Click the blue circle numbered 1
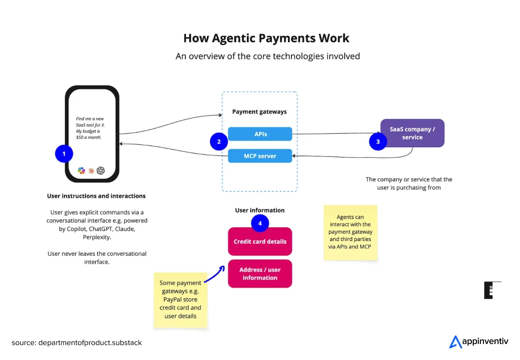[64, 154]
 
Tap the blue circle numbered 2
[219, 141]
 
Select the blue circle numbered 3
[378, 141]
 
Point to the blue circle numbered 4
[260, 223]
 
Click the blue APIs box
[260, 134]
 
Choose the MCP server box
[260, 156]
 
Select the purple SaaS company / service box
[412, 133]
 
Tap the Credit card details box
[260, 242]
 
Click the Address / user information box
[260, 274]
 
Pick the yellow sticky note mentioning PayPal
[181, 299]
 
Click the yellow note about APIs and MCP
[350, 232]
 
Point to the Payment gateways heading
[260, 112]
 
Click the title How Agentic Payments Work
[266, 39]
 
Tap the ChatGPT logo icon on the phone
[101, 170]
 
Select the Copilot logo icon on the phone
[81, 170]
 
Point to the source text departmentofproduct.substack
[77, 343]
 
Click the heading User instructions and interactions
[96, 196]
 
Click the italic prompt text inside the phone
[91, 128]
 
